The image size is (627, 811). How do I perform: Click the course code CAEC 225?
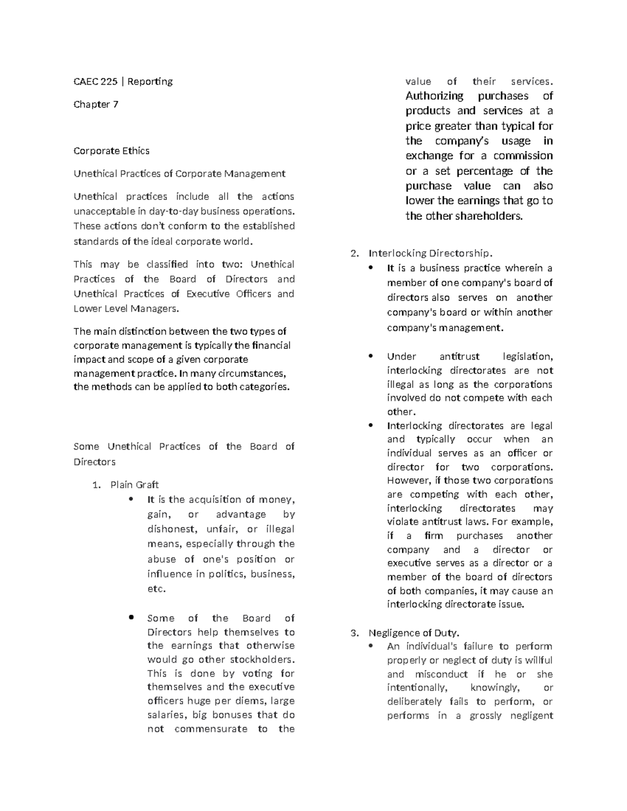coord(95,81)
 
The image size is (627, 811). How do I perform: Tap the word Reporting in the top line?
coord(150,81)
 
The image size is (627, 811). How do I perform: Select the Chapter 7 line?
coord(96,104)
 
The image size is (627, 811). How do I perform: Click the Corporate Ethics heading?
coord(111,151)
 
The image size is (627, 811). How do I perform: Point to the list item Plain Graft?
coord(134,485)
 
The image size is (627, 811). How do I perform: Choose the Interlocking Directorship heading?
coord(430,253)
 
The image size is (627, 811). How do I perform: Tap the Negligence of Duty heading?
coord(414,633)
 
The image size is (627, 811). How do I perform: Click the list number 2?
coord(354,253)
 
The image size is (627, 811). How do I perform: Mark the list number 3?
coord(354,633)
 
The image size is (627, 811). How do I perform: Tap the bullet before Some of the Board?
coord(132,617)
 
